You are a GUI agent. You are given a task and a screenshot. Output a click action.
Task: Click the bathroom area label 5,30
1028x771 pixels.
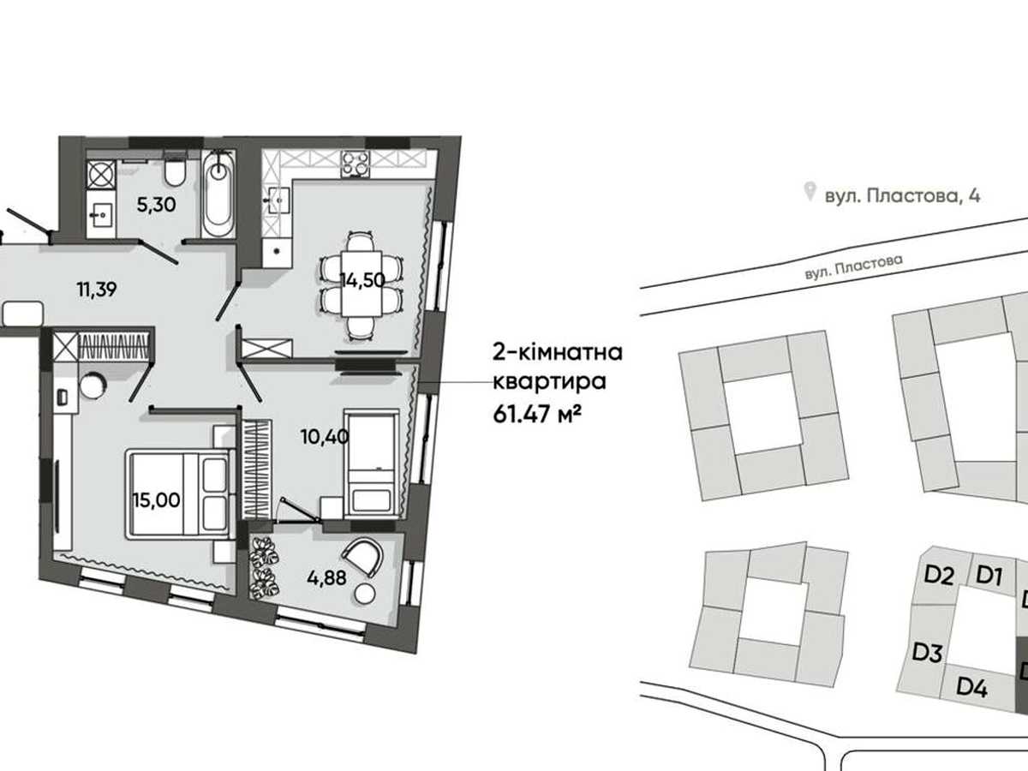[157, 205]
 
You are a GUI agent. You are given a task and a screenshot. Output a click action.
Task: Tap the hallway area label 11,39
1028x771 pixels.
[97, 290]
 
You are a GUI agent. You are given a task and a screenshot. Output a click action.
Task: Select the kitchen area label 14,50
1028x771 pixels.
[362, 280]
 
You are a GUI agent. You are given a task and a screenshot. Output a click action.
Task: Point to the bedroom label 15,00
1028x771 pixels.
[157, 500]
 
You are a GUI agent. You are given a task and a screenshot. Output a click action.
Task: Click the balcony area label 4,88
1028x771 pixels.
[327, 578]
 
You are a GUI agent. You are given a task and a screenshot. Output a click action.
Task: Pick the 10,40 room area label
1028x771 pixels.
[325, 437]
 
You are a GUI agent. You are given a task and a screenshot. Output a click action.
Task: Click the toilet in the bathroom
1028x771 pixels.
[175, 170]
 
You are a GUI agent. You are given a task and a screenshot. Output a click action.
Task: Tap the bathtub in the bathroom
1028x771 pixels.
[218, 194]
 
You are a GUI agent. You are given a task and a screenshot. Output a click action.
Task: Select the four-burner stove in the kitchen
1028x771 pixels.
[355, 164]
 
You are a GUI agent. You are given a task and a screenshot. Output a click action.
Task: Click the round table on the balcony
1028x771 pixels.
[365, 595]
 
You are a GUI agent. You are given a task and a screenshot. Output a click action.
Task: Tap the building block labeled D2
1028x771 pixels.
[939, 577]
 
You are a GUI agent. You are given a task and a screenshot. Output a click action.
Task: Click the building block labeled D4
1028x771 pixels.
[971, 687]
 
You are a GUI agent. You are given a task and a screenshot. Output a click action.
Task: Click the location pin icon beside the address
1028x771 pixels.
[810, 192]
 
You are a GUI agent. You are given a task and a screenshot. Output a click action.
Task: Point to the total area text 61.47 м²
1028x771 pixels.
[537, 415]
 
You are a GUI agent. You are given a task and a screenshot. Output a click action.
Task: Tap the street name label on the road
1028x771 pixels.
[853, 266]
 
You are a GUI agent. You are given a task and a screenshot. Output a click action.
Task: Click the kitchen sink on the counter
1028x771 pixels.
[278, 200]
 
